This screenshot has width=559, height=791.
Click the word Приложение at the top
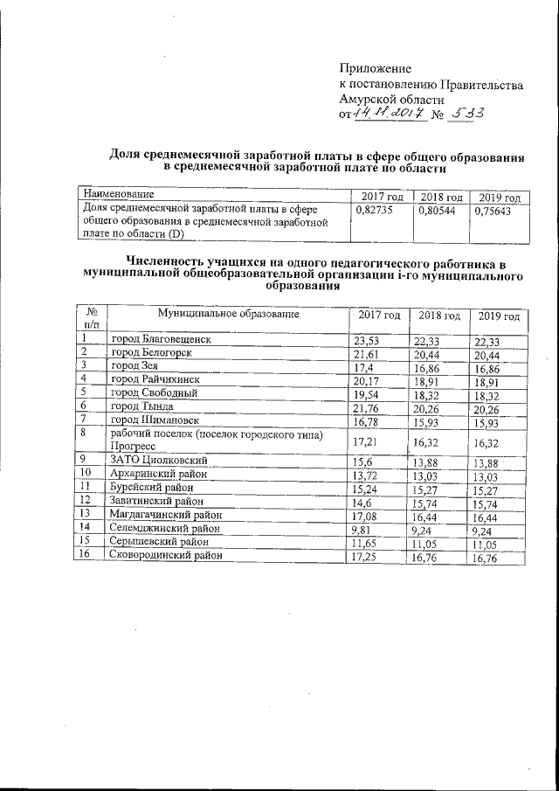[x=375, y=68]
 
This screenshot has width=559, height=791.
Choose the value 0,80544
[x=438, y=211]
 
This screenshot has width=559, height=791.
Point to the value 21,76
[x=362, y=407]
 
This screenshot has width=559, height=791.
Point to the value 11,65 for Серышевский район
[x=362, y=543]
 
